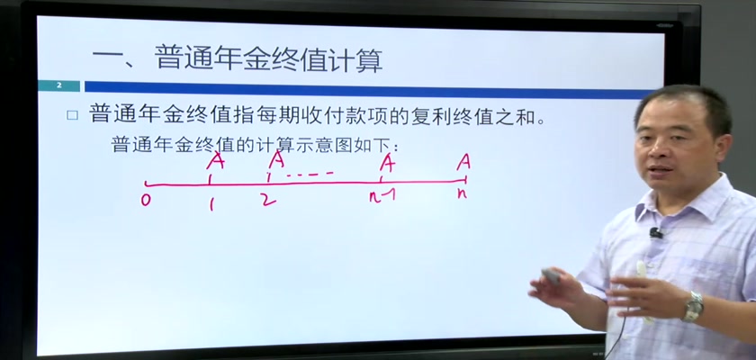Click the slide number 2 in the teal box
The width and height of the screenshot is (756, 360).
click(x=59, y=85)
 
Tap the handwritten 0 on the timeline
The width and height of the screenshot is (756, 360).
click(x=146, y=200)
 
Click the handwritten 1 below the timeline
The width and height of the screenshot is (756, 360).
click(x=211, y=204)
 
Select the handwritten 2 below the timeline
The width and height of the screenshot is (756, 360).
click(x=268, y=199)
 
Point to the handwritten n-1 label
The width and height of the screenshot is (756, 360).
click(x=382, y=195)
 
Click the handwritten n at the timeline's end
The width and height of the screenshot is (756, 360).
click(x=462, y=193)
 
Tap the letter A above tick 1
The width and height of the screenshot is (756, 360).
click(x=215, y=160)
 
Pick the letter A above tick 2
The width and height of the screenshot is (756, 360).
click(x=277, y=159)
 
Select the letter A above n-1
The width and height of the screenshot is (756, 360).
click(x=387, y=162)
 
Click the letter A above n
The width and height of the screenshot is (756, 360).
click(x=463, y=162)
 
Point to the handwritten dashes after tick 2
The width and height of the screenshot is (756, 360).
click(x=310, y=174)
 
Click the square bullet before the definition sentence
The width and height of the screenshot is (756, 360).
click(x=72, y=116)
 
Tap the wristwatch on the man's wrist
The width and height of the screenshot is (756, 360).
click(x=694, y=307)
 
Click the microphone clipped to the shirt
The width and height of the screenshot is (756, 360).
click(x=656, y=233)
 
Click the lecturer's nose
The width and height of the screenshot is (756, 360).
click(x=661, y=156)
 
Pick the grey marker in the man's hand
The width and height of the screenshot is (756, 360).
click(x=551, y=276)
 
